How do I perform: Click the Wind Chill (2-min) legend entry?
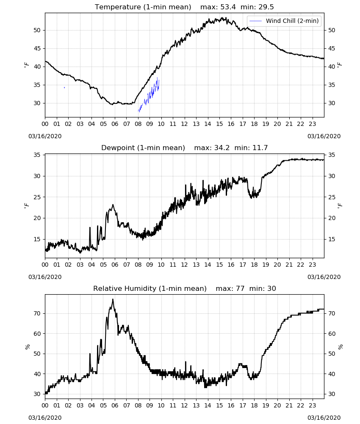[x=284, y=21]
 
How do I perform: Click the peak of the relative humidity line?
[x=113, y=299]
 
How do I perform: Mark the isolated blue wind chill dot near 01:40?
[x=64, y=88]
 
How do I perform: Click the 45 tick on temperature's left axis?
[x=37, y=49]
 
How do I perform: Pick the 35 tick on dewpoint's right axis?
[x=332, y=155]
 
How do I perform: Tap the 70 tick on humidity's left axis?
[x=37, y=314]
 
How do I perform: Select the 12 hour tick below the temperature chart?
[x=185, y=124]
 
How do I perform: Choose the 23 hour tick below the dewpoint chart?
[x=312, y=265]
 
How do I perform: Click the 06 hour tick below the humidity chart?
[x=115, y=406]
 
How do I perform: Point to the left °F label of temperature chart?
[x=26, y=65]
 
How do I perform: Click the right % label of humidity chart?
[x=340, y=347]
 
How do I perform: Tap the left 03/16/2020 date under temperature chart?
[x=45, y=136]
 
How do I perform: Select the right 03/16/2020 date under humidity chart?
[x=324, y=418]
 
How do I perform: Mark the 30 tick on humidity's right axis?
[x=332, y=394]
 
